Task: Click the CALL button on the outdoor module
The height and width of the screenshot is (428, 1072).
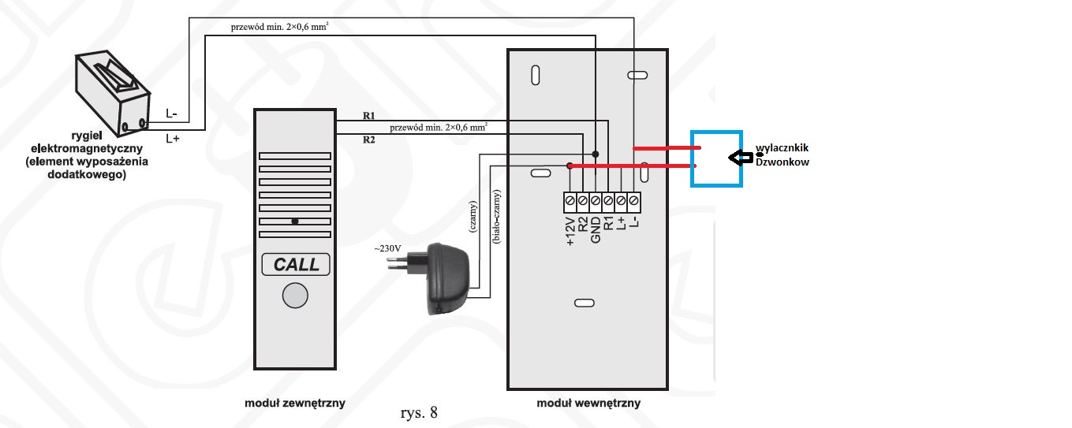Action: [296, 264]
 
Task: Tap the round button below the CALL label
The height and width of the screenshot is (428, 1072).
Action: [295, 296]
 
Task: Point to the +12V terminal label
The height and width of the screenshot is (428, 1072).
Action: [570, 229]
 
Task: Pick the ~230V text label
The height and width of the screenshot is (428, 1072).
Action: [388, 249]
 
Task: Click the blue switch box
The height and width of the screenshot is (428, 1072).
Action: [716, 158]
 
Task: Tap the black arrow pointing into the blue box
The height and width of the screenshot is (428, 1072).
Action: [739, 158]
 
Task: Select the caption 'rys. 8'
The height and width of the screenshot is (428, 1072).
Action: [420, 411]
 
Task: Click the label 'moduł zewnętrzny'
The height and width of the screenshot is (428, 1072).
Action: [295, 403]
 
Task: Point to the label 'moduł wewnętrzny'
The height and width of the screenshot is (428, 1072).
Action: [588, 403]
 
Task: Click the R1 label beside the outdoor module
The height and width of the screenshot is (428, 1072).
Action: [368, 116]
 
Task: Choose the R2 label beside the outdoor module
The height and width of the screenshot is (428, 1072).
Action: [368, 140]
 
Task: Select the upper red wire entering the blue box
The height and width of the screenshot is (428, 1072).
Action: [663, 148]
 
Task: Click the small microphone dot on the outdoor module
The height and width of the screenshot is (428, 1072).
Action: [294, 221]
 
